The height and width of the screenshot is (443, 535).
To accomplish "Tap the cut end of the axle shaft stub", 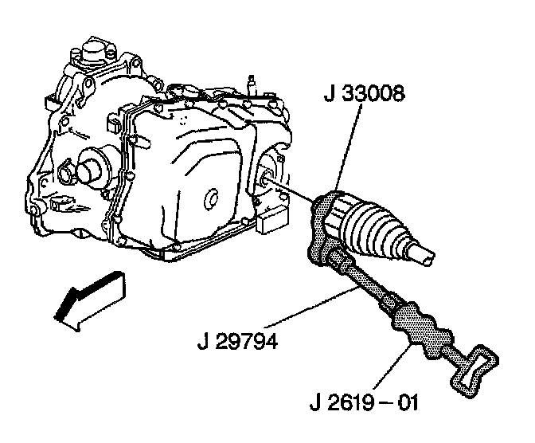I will point(427,255).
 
